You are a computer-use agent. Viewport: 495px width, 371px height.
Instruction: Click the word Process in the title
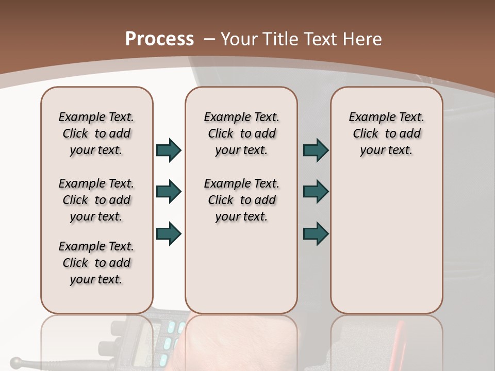159,39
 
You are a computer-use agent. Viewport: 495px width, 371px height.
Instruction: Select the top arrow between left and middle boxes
169,150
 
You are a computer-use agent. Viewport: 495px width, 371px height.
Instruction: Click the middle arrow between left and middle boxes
169,192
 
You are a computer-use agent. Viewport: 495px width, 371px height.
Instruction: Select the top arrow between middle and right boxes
316,150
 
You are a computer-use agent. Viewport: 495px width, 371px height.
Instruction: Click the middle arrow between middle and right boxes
316,192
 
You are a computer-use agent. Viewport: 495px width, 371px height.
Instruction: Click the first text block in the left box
96,133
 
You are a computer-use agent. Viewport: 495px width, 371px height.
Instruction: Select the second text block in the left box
96,200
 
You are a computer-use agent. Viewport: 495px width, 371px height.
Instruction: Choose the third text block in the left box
96,263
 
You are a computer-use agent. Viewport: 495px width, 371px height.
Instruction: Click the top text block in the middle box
241,133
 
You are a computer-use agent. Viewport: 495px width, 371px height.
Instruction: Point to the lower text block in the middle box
241,200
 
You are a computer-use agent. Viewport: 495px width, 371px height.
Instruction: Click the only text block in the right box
387,133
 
